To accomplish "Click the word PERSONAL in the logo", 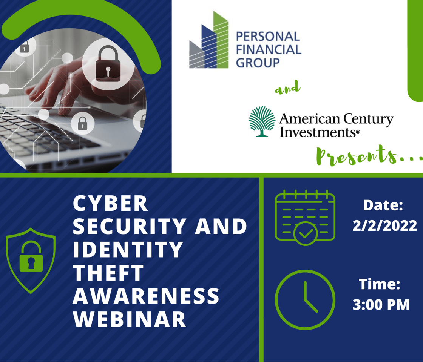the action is coord(268,37).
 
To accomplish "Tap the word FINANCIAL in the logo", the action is coord(269,49).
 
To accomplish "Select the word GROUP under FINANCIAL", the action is coord(258,63).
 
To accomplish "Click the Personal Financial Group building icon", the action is coord(209,40).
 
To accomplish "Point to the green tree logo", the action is coord(262,121).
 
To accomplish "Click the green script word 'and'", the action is coord(287,87).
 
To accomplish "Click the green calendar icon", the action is coord(305,218).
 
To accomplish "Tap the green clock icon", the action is coord(305,300).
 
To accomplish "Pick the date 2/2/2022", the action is coord(385,226).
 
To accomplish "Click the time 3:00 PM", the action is coord(381,305).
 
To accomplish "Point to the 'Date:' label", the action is coord(383,205).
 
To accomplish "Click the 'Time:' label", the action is coord(379,284).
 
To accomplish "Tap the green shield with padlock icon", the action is coord(31,261).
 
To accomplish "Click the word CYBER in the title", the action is coord(110,203).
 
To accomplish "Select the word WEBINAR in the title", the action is coord(129,319).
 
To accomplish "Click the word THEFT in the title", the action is coord(108,273).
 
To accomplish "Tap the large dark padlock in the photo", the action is coord(108,64).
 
